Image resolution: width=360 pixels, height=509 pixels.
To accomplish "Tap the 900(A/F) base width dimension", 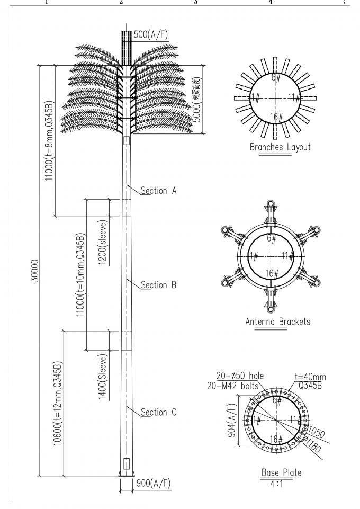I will click(154, 484).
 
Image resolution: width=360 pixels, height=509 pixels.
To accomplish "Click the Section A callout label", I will click(158, 191).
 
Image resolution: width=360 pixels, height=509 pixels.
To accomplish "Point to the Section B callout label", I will click(158, 285).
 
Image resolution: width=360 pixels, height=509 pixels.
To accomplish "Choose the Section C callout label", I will click(158, 412).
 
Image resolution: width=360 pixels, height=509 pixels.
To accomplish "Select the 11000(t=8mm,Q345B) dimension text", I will click(49, 140).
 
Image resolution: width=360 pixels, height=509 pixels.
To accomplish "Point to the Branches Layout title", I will click(280, 147).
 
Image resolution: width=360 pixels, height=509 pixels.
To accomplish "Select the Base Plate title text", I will click(277, 472).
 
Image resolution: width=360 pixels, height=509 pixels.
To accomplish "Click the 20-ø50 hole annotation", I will click(241, 377).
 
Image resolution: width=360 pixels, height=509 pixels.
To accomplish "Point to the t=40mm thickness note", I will click(311, 377).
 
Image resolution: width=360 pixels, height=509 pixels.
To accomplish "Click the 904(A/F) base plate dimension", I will click(230, 418).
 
